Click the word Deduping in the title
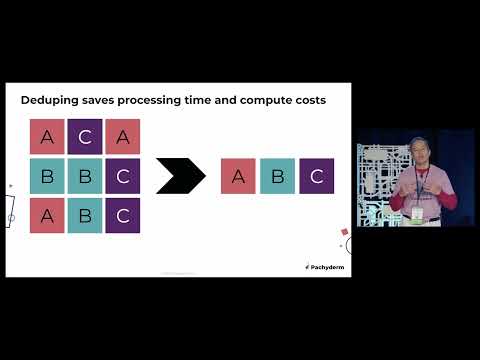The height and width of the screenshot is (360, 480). [x=51, y=100]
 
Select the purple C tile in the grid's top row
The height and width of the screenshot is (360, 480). [x=85, y=137]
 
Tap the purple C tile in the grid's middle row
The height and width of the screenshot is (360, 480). [x=123, y=176]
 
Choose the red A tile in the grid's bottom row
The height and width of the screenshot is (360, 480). [x=47, y=215]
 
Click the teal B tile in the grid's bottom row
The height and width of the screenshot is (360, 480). [x=85, y=215]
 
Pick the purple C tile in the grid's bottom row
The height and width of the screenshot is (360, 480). [x=123, y=215]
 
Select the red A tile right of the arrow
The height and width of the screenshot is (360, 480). [x=238, y=176]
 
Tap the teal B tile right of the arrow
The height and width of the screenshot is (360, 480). [x=277, y=176]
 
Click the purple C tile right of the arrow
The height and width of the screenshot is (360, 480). [x=316, y=176]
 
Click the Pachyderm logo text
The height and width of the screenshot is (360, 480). [x=326, y=267]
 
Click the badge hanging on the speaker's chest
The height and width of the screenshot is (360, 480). [x=418, y=213]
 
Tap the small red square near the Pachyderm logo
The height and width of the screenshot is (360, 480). [x=345, y=232]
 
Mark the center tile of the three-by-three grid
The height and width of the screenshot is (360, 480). [x=85, y=176]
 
